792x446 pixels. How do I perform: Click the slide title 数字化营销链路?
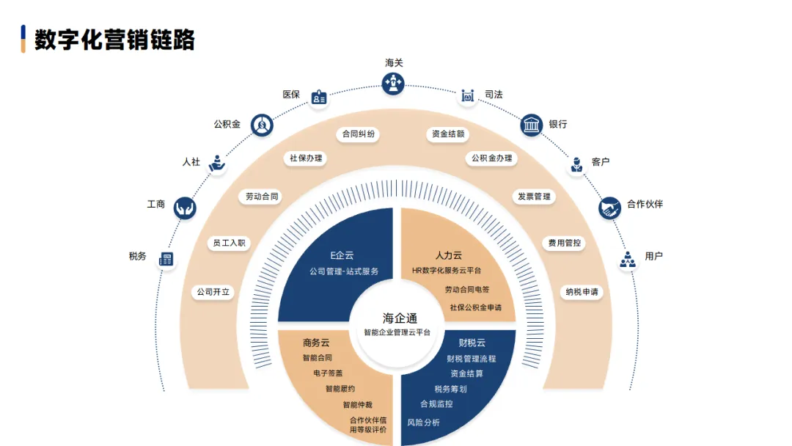point(114,39)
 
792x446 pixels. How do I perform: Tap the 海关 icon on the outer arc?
point(394,83)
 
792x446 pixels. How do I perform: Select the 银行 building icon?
point(532,125)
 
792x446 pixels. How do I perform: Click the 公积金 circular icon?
point(262,125)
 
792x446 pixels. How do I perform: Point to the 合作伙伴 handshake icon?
point(610,208)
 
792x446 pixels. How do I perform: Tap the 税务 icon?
point(166,259)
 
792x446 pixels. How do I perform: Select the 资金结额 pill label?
point(447,134)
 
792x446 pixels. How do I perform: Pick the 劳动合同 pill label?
point(262,197)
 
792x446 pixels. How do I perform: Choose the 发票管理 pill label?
point(533,197)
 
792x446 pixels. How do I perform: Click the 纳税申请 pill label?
point(582,292)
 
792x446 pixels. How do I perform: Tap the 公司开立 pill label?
point(213,292)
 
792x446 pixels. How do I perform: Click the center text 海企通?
point(400,318)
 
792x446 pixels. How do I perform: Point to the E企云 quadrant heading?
point(342,255)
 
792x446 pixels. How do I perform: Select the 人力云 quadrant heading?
point(449,255)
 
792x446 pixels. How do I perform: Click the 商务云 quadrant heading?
point(316,343)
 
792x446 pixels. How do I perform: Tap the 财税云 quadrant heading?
point(472,343)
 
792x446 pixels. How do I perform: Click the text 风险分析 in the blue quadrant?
point(424,423)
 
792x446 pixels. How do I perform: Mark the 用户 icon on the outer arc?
point(628,259)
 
